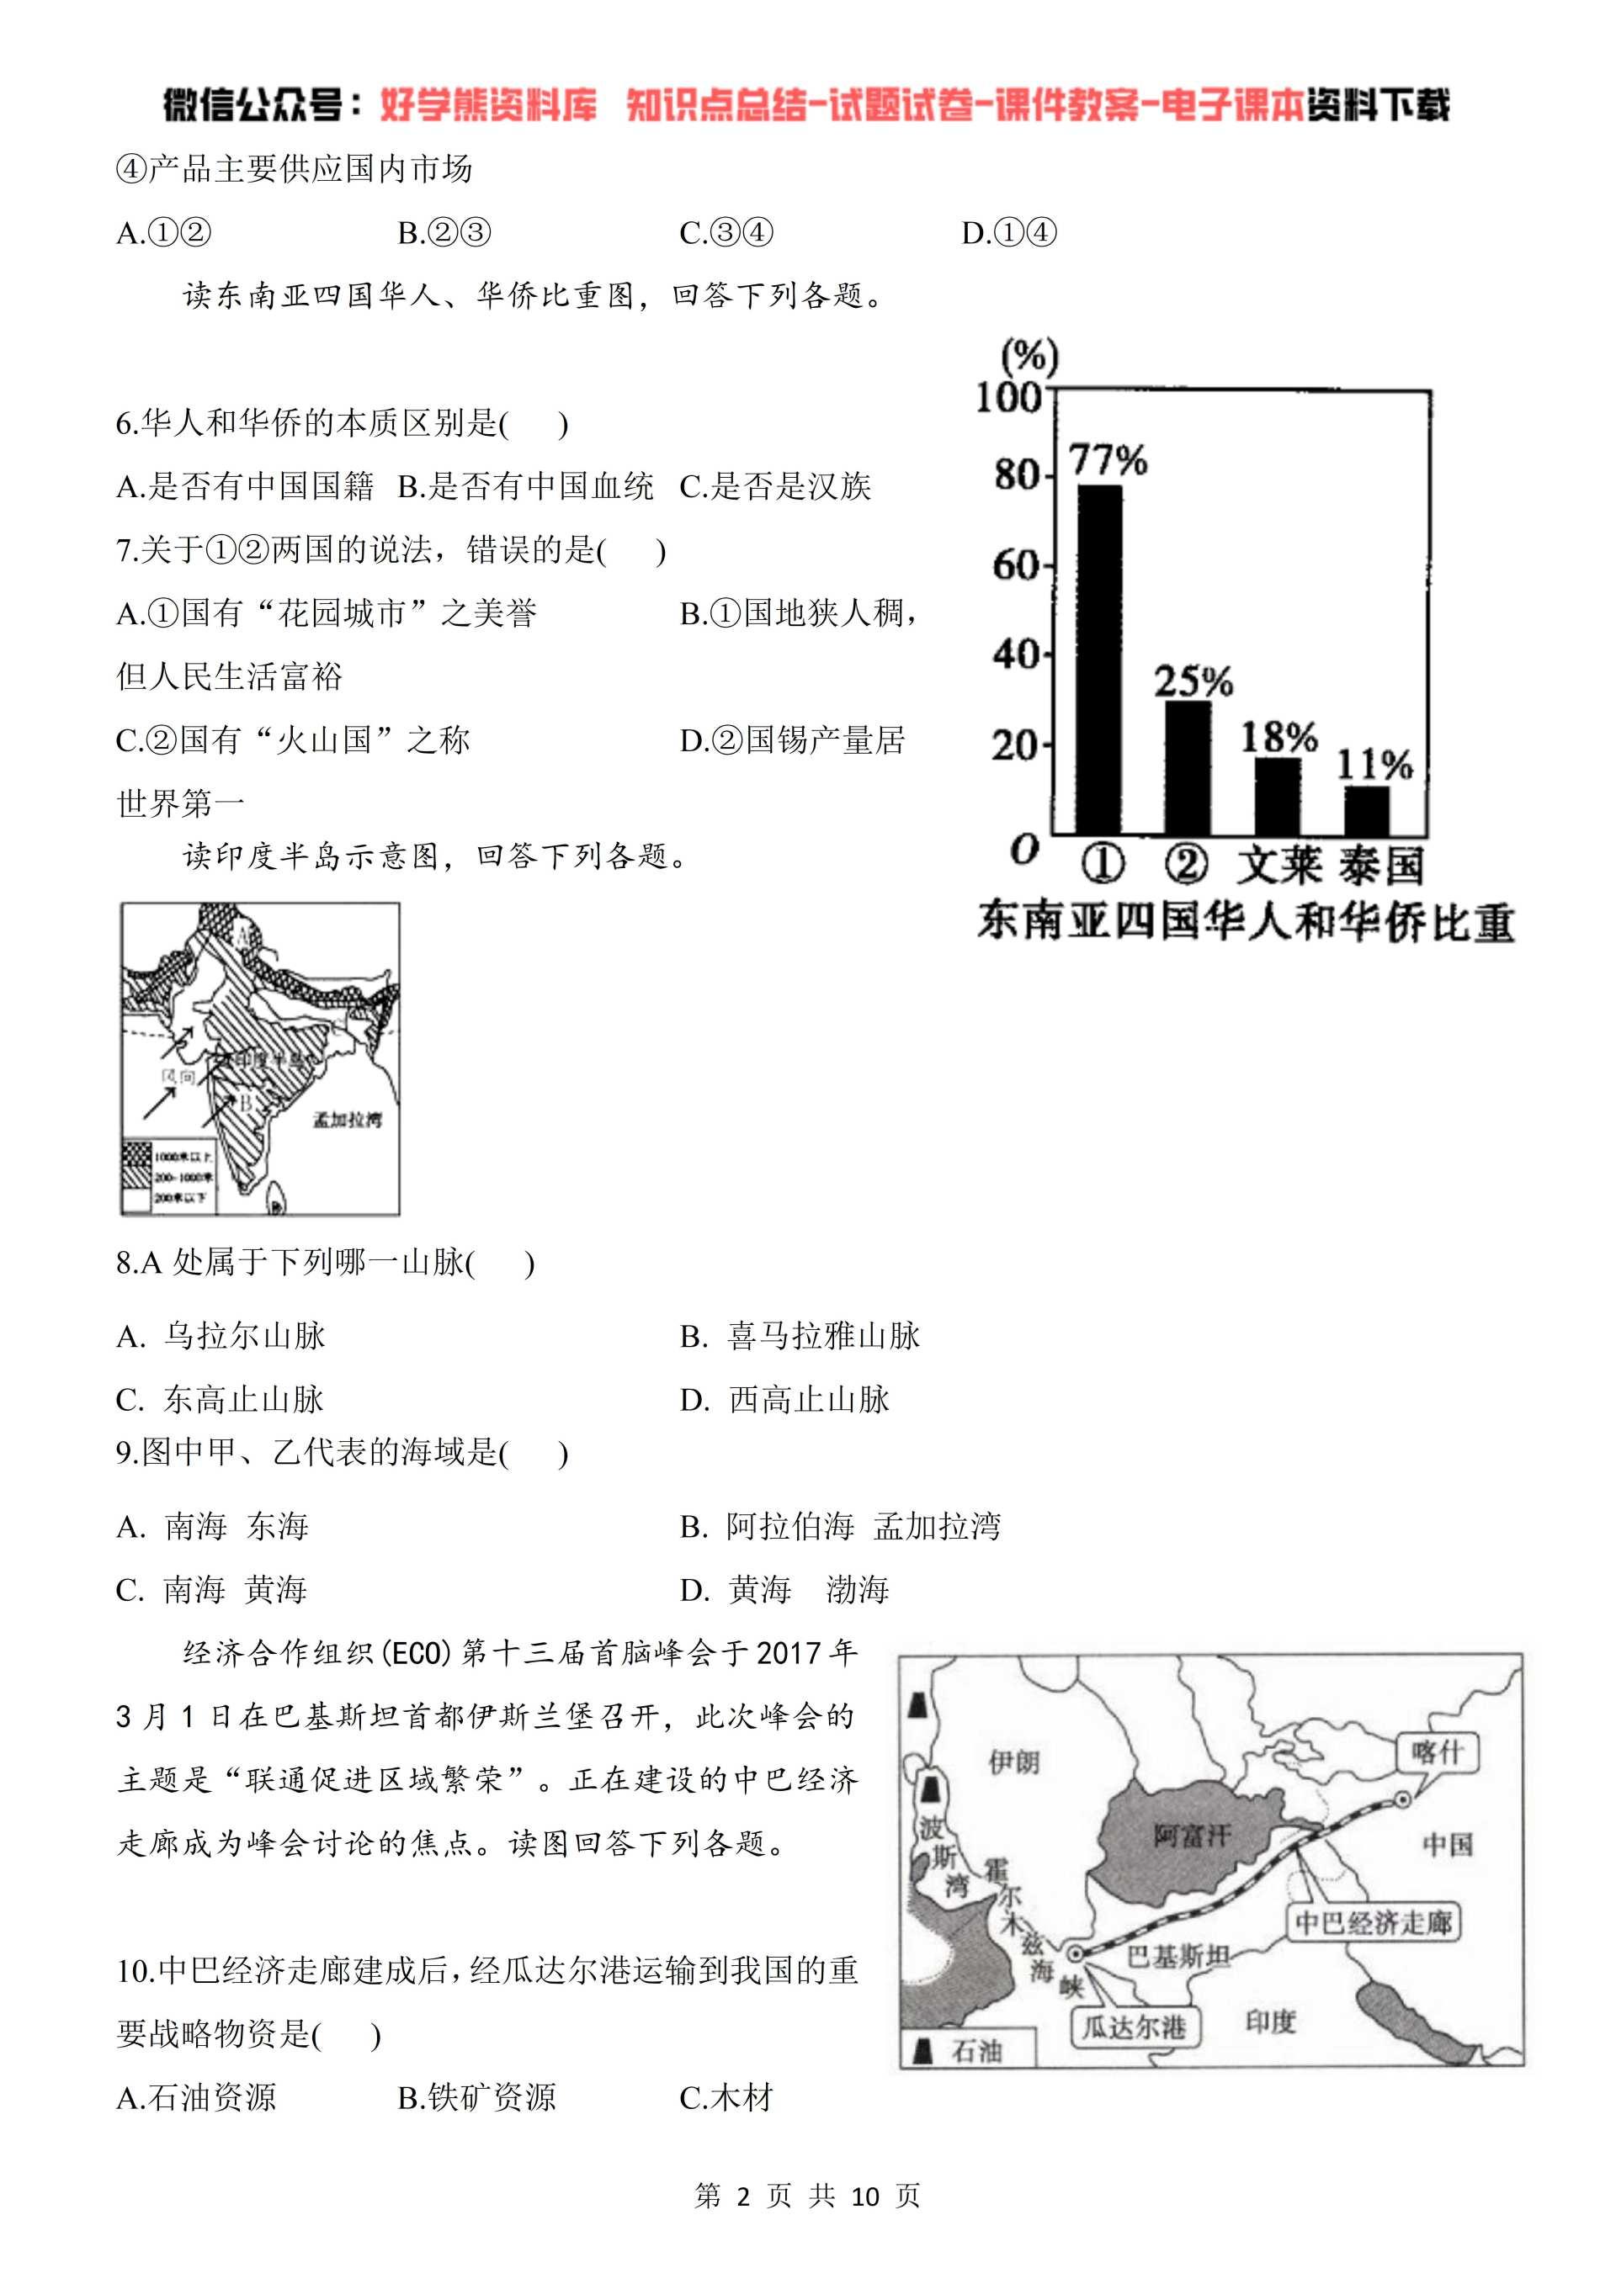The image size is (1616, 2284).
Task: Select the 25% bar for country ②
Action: pos(1188,766)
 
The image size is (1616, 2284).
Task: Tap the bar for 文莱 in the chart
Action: pos(1278,795)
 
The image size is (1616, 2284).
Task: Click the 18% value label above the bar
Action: pos(1278,737)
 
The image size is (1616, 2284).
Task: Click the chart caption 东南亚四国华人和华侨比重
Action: pos(1245,921)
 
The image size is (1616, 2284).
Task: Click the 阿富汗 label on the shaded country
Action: pos(1192,1835)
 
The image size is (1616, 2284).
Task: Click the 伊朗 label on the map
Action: pos(1014,1762)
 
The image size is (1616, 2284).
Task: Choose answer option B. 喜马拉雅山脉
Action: pos(801,1336)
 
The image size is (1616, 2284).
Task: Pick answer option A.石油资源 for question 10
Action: pos(196,2098)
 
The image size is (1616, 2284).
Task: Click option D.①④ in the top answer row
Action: pos(1008,233)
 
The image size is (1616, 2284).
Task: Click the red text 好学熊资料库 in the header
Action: pos(488,104)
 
